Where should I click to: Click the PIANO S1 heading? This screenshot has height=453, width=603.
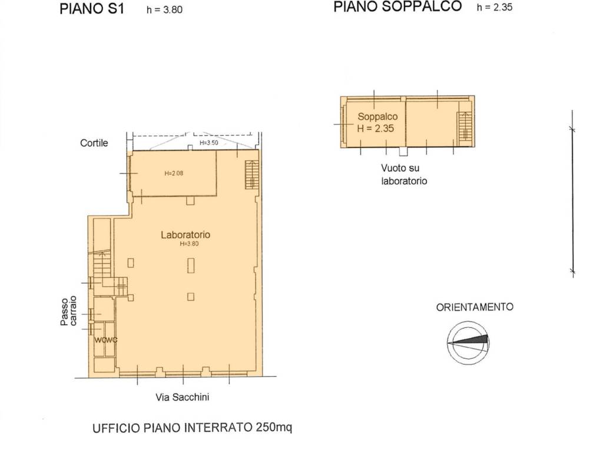click(92, 10)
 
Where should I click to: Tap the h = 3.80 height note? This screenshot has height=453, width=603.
click(165, 11)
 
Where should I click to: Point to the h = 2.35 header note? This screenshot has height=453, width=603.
click(495, 8)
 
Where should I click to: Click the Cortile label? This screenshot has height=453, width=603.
click(94, 143)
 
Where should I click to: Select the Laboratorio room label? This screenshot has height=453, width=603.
click(185, 235)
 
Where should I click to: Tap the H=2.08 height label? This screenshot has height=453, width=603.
click(174, 173)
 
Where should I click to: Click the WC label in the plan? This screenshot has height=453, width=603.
click(105, 340)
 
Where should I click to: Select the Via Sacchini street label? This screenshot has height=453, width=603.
click(182, 397)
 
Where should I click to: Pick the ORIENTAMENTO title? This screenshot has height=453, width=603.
click(475, 307)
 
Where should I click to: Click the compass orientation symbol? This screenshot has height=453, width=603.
click(468, 343)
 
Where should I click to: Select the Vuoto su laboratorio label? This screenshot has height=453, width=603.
click(404, 175)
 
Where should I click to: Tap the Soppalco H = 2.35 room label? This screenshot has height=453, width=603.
click(377, 122)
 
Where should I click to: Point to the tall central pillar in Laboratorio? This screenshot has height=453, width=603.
click(190, 265)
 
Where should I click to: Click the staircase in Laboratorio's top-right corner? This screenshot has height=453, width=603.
click(251, 175)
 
